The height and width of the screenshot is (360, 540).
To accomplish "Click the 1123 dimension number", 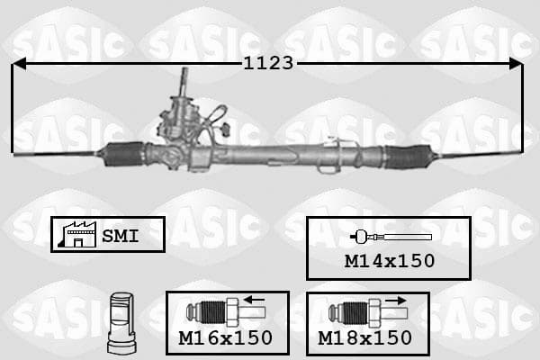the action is point(268,63).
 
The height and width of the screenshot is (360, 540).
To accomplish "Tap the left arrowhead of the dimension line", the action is point(19,64).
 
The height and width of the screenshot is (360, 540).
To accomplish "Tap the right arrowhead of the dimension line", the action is point(516,64).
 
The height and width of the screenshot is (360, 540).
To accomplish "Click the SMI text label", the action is point(121,236).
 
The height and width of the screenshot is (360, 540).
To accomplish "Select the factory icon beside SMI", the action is point(77,235).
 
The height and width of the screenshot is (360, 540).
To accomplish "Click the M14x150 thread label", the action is point(390,261).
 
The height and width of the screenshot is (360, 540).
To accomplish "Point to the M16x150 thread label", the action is point(226,338).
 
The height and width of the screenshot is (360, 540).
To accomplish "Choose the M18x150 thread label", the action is point(364,338).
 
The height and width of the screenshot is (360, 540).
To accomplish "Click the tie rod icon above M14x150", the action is point(391,237).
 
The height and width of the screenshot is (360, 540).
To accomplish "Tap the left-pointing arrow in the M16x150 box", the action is point(254,300).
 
